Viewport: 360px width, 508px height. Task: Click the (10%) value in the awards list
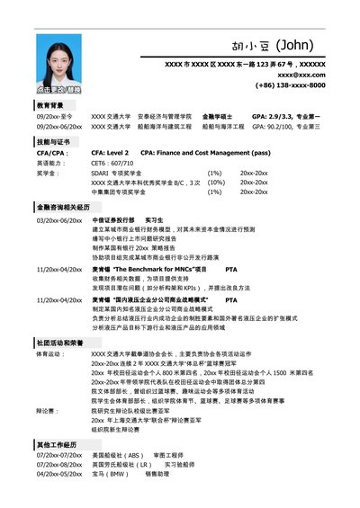(x=215, y=182)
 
